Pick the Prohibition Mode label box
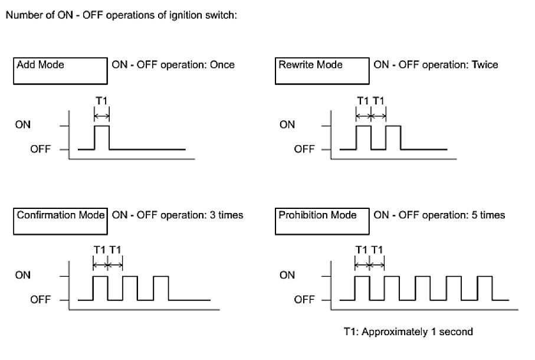coord(321,222)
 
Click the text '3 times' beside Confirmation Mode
coord(227,215)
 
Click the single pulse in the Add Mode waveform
coord(102,138)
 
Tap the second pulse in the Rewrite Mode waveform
coord(393,138)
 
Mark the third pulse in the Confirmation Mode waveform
coord(160,288)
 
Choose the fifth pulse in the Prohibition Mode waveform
coord(485,288)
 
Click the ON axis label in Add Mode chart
coord(24,125)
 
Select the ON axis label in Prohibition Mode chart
coord(287,276)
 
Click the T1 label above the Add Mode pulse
coord(101,100)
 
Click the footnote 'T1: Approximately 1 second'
coord(408,332)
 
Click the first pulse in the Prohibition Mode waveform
coord(362,288)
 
